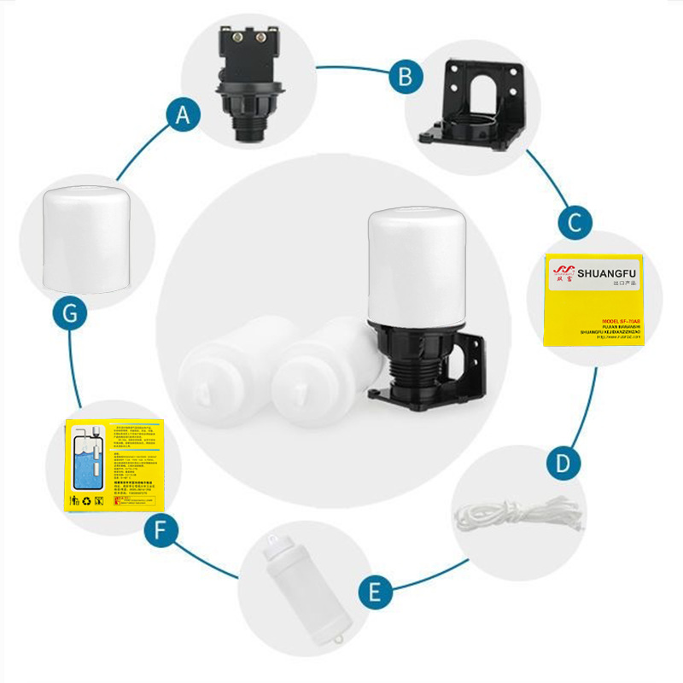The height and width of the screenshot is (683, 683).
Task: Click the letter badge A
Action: [x=181, y=114]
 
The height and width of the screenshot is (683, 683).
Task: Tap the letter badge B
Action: [x=406, y=77]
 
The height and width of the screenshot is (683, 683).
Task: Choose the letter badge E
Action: [x=370, y=592]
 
